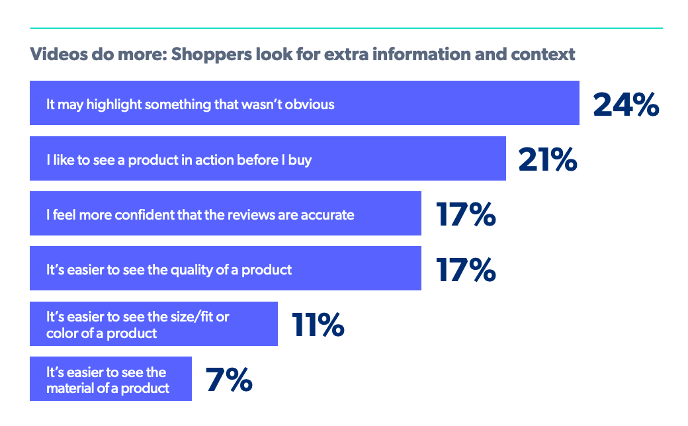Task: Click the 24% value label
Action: pos(626,104)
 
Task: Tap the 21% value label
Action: pos(548,159)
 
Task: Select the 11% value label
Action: pos(318,324)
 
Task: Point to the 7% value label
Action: pos(229,379)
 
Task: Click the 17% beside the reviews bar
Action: pos(466,214)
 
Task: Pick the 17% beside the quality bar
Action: pos(466,269)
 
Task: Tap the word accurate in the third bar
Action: pos(329,214)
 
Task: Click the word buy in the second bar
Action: pos(300,159)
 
